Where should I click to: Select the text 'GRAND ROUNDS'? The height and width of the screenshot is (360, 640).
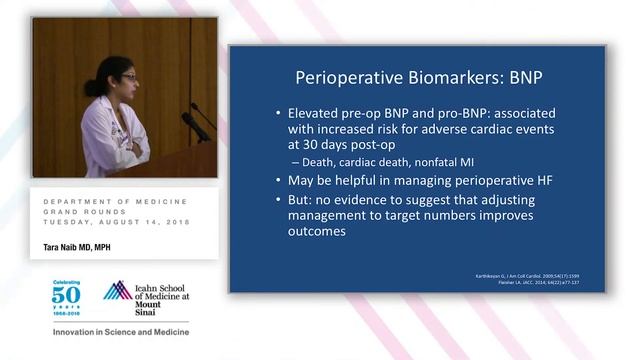(81, 211)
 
